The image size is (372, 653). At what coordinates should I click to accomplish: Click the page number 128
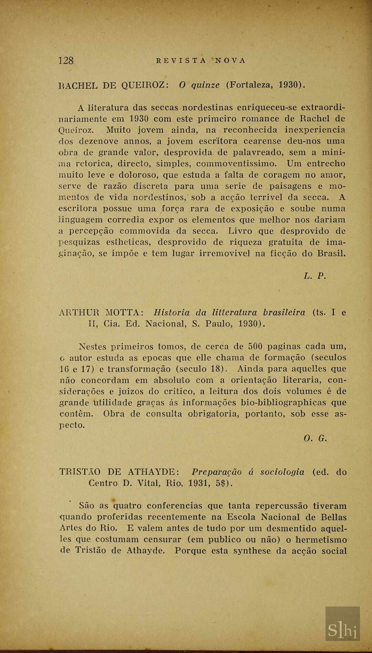click(x=66, y=61)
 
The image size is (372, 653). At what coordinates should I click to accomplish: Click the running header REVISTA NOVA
click(x=201, y=61)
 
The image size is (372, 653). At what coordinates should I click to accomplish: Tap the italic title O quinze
click(x=199, y=85)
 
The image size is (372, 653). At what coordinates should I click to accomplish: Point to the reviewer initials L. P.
click(x=315, y=276)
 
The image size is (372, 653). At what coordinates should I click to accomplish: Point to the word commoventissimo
click(x=236, y=163)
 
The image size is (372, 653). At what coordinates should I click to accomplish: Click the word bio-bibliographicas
click(x=283, y=402)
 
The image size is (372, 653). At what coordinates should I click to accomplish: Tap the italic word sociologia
click(x=282, y=472)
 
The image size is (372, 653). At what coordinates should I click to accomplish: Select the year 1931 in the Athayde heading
click(x=199, y=483)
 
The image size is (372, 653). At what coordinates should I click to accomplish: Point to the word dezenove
click(x=99, y=141)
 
